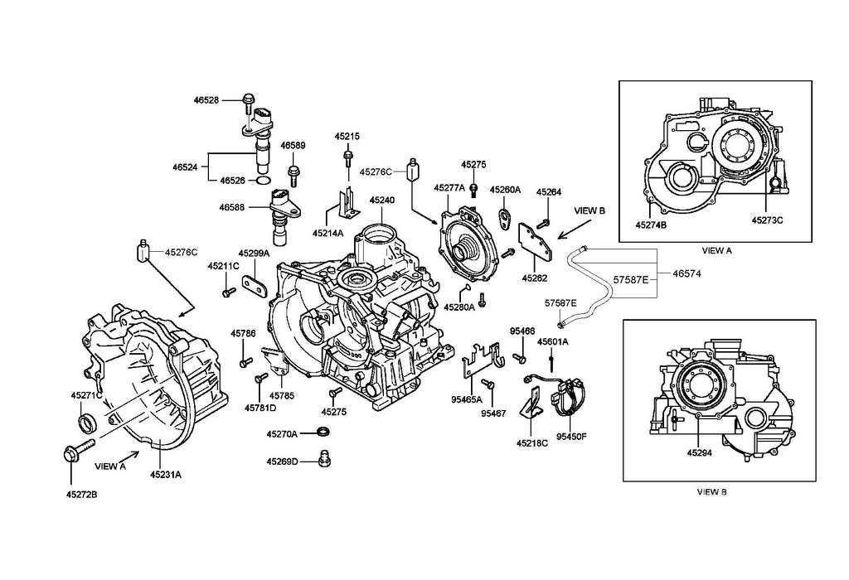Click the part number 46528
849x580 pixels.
206,100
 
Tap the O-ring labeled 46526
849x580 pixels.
263,180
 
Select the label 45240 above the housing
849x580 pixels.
382,201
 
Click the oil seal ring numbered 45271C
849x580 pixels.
86,423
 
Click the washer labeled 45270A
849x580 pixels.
323,433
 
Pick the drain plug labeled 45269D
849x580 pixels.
324,458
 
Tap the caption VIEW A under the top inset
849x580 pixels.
717,250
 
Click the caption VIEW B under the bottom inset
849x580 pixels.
712,492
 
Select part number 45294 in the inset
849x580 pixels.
699,453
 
